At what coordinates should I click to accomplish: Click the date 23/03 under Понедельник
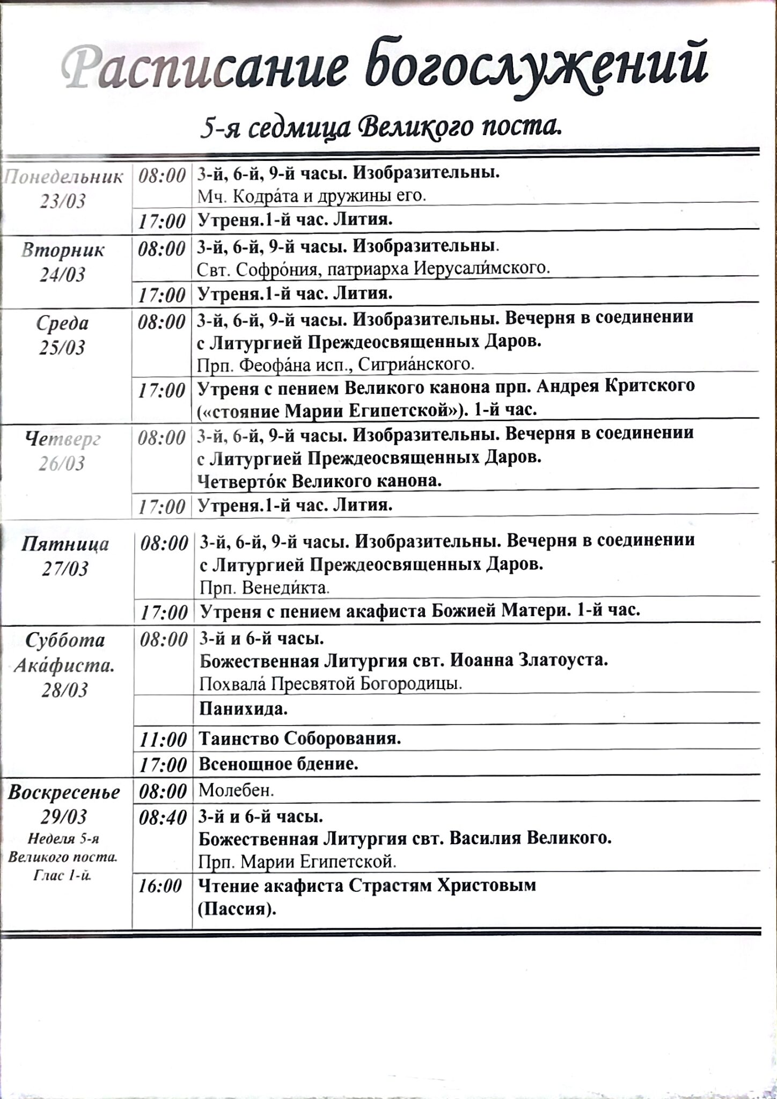click(63, 201)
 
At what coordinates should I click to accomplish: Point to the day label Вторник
click(63, 250)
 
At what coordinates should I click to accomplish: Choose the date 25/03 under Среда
click(63, 348)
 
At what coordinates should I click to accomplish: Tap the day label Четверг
click(63, 439)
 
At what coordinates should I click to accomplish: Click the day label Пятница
click(65, 544)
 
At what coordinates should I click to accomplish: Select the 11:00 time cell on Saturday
click(163, 739)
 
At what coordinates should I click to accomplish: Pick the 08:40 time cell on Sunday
click(163, 817)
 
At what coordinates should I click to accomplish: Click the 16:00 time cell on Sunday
click(160, 886)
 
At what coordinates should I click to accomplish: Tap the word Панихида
click(243, 709)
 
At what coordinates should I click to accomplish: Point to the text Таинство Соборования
click(300, 739)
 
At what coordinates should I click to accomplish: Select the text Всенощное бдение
click(278, 764)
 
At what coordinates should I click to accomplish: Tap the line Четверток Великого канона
click(320, 481)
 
